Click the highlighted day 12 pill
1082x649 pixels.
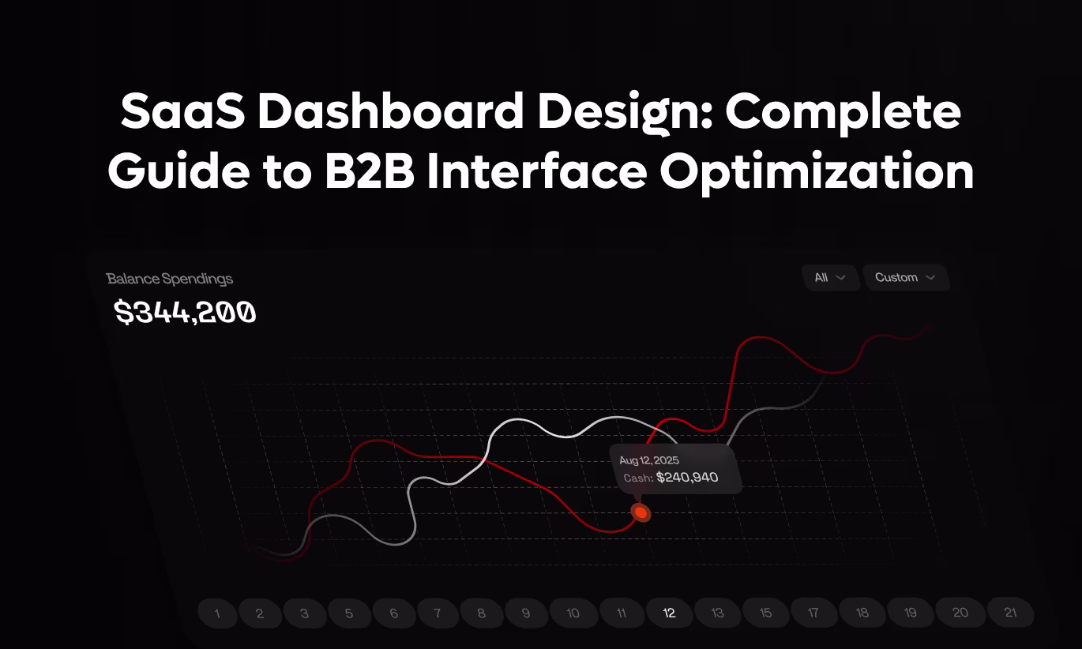click(x=669, y=613)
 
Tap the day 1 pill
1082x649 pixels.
click(x=217, y=613)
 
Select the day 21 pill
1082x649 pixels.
click(x=1010, y=613)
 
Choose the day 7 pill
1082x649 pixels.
click(x=438, y=613)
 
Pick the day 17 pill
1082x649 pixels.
click(x=813, y=613)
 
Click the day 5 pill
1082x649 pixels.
click(x=349, y=613)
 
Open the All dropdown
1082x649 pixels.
click(x=830, y=278)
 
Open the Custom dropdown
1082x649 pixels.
click(x=905, y=278)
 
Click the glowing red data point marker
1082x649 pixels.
click(x=641, y=513)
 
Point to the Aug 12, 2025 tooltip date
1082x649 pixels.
click(x=649, y=460)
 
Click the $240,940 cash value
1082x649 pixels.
click(x=687, y=478)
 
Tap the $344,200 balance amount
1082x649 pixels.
click(x=186, y=313)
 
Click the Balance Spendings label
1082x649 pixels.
click(x=170, y=279)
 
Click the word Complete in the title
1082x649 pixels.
click(x=843, y=113)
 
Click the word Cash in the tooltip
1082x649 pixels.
click(x=636, y=478)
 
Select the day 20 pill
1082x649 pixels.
click(x=960, y=613)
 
